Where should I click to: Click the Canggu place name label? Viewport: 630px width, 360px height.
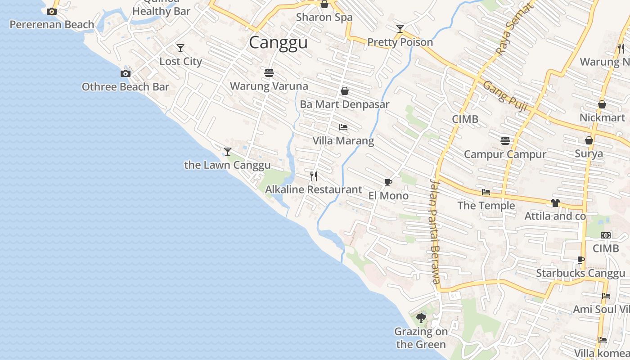tap(278, 43)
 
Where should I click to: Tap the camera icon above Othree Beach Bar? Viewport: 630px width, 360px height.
tap(126, 73)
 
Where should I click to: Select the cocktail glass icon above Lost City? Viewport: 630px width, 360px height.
tap(180, 48)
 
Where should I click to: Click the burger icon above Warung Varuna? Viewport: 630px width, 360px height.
tap(269, 72)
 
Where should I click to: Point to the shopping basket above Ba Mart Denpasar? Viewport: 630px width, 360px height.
tap(345, 91)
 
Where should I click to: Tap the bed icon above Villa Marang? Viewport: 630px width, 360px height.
tap(343, 127)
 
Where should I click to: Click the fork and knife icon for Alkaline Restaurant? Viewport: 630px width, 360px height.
tap(314, 176)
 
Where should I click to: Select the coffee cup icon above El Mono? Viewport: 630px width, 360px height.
tap(388, 182)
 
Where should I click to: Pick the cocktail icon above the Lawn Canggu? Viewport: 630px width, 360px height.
tap(228, 151)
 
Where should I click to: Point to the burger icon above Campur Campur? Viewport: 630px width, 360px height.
tap(505, 141)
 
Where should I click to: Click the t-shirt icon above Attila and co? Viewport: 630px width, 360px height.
tap(555, 203)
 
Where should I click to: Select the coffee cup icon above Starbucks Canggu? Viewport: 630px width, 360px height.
tap(580, 260)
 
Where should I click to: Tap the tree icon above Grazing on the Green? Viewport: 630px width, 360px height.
tap(421, 318)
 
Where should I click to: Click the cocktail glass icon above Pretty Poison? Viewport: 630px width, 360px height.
tap(400, 29)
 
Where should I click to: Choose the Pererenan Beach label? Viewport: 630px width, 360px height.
tap(52, 24)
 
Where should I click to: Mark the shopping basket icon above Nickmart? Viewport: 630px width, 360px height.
tap(602, 104)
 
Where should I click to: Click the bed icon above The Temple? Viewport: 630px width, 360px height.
tap(486, 192)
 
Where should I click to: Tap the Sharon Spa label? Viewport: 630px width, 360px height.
tap(324, 17)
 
